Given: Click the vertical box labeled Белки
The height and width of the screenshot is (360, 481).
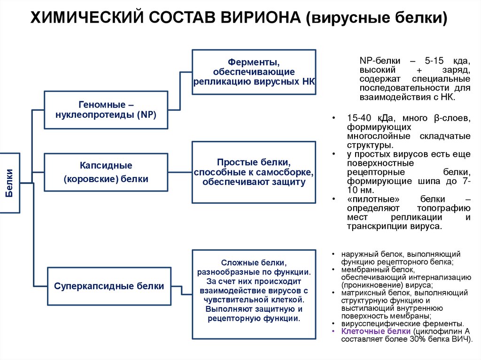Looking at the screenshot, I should click(10, 183).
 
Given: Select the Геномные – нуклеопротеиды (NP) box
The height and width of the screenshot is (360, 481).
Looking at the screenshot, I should click(106, 110).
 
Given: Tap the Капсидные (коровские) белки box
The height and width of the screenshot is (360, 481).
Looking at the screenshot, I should click(106, 172).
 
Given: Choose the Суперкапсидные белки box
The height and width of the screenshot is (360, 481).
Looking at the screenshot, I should click(109, 286).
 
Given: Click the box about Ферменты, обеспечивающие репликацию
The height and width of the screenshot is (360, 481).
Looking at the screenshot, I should click(254, 71).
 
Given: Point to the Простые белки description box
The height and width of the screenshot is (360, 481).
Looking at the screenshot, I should click(254, 172).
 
